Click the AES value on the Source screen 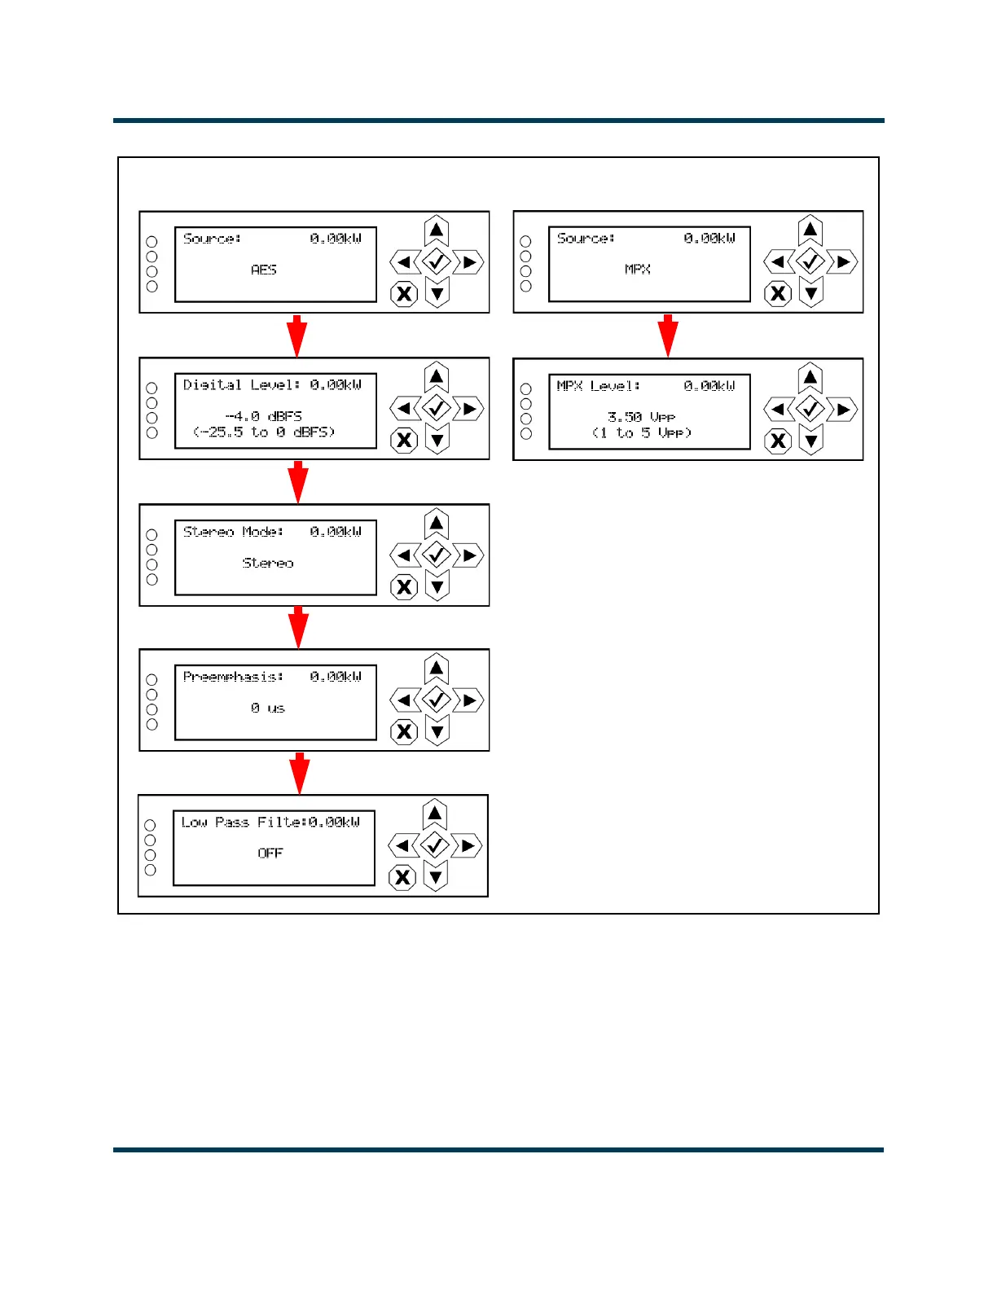(x=264, y=270)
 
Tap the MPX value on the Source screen (x=637, y=270)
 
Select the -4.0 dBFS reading (x=263, y=416)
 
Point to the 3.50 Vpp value (x=641, y=417)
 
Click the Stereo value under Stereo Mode (x=268, y=563)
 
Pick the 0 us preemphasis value (x=268, y=709)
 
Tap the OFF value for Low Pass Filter (x=270, y=853)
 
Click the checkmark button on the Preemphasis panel (x=437, y=700)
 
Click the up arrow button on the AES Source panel (x=437, y=231)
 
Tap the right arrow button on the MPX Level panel (x=843, y=410)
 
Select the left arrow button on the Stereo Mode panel (x=404, y=555)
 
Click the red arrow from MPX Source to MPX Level (x=668, y=335)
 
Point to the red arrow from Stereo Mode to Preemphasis (x=298, y=627)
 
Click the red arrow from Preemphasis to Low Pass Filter (x=300, y=773)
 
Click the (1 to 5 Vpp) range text (x=641, y=433)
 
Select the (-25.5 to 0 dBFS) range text (x=264, y=432)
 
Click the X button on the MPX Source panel (x=778, y=293)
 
